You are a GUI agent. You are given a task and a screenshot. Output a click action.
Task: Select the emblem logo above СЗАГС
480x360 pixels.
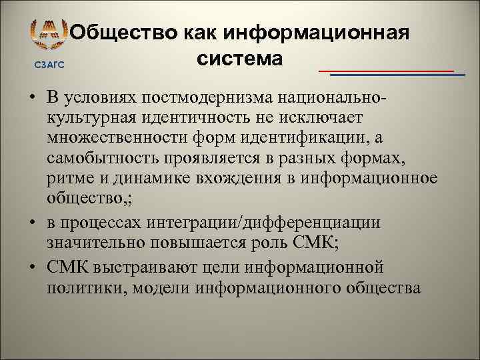click(49, 35)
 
